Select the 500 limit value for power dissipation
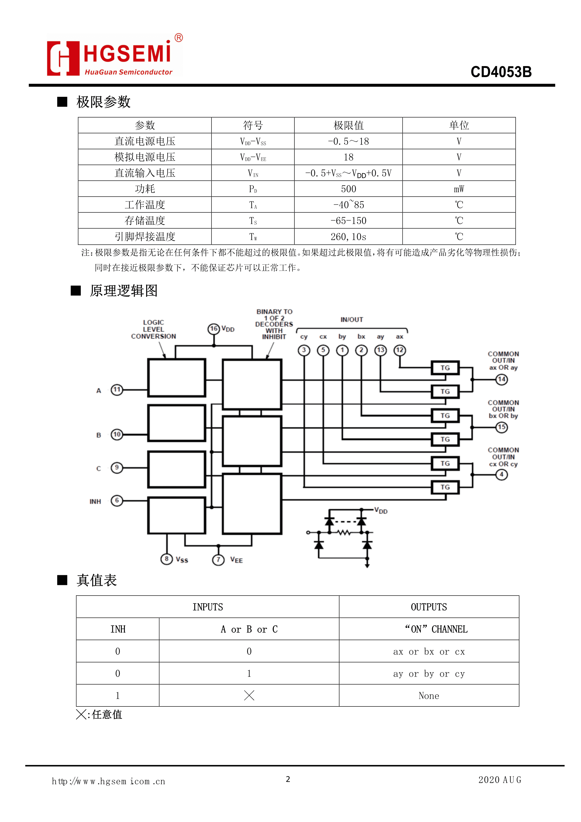coord(348,189)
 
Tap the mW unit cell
coord(459,189)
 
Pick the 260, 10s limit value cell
coord(348,237)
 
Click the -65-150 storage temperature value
coord(348,221)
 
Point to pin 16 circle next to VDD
coord(214,329)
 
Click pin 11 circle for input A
coord(117,390)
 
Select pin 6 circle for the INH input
coord(117,500)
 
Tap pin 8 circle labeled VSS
coord(166,559)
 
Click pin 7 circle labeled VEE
coord(218,559)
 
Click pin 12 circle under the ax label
coord(400,350)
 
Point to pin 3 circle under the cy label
coord(304,350)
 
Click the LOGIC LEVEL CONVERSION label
coord(153,329)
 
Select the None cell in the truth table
coord(428,696)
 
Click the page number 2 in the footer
coord(288,779)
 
